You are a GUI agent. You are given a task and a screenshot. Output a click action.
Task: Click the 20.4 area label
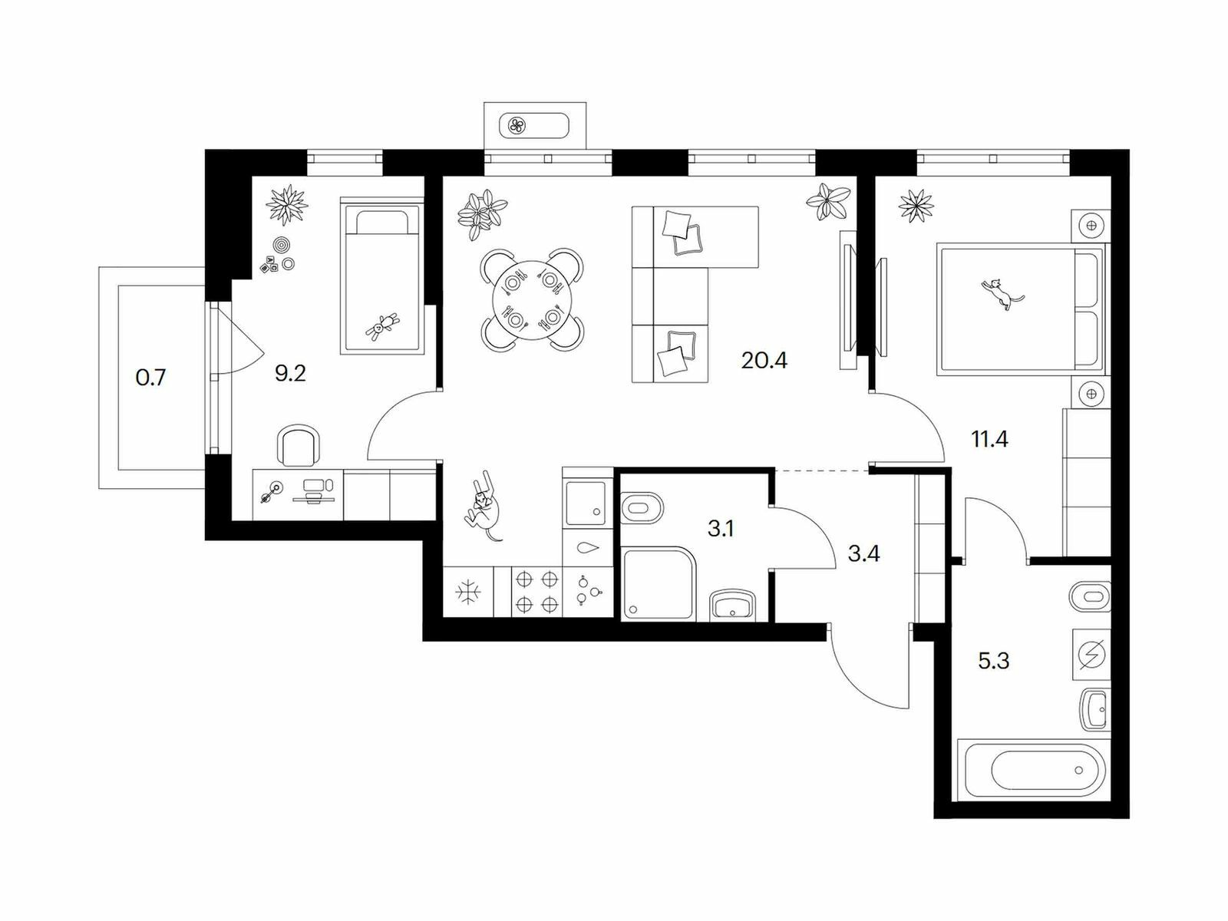tap(764, 360)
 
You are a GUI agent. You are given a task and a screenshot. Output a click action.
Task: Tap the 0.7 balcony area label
tap(150, 378)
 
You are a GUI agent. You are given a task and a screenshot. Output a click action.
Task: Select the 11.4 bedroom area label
tap(989, 439)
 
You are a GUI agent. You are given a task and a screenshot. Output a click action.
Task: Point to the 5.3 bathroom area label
tap(994, 660)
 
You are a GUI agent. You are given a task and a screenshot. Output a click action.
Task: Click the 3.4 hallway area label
tap(863, 553)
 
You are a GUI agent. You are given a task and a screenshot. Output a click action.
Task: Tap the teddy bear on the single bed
tap(382, 327)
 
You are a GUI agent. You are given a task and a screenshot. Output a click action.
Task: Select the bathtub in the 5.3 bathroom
tap(1034, 770)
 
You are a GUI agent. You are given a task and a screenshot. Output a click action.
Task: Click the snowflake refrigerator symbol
tap(467, 593)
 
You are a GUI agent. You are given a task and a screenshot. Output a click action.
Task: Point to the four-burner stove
tap(536, 593)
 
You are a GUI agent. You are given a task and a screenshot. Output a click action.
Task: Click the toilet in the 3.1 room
tap(642, 508)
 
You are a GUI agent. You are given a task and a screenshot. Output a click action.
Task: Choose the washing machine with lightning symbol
tap(1091, 654)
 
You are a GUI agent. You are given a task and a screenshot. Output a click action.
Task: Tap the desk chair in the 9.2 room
tap(299, 445)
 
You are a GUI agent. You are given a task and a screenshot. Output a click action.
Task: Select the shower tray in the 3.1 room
tap(658, 584)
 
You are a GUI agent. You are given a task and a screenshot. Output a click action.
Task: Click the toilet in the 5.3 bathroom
tap(1089, 596)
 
